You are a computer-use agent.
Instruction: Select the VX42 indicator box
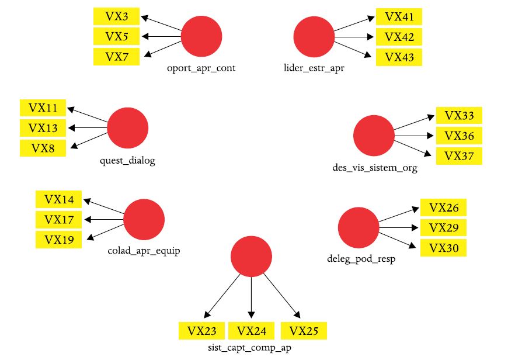(x=399, y=37)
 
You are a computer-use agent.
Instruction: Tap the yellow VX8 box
(x=43, y=148)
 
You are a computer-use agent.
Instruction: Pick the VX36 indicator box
(x=459, y=136)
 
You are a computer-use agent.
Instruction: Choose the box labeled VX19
(x=58, y=240)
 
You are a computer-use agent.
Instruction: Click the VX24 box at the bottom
(x=252, y=331)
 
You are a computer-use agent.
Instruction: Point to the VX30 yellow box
(x=443, y=248)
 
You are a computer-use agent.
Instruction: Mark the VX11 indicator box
(x=43, y=108)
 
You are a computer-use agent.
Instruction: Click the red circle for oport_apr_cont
(x=201, y=37)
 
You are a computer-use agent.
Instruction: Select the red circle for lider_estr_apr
(x=314, y=37)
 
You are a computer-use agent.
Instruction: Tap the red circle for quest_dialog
(x=128, y=128)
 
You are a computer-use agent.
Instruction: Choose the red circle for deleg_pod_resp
(x=358, y=227)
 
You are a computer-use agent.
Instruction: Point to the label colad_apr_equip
(x=143, y=251)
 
